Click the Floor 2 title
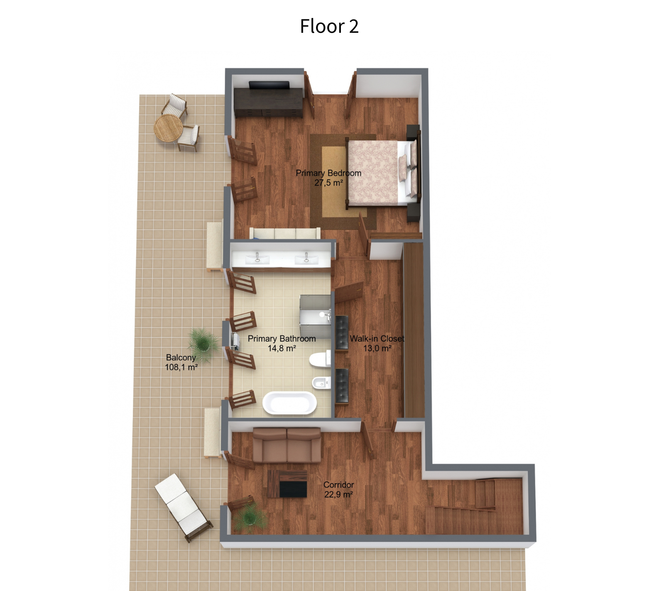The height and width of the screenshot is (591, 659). point(329,26)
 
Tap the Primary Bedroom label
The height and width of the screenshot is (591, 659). point(328,173)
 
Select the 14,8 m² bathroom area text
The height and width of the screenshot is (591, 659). point(282,348)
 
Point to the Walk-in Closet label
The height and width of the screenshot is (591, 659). point(377,339)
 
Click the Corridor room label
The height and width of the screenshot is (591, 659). point(339,485)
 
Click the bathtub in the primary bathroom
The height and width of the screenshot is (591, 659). point(290,403)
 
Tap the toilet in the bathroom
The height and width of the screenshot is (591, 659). point(320,359)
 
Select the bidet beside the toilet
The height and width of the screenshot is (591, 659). point(321,383)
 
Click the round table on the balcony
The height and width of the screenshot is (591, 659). point(168,128)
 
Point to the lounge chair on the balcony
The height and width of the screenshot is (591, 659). point(184,507)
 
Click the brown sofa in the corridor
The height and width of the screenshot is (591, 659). point(287,445)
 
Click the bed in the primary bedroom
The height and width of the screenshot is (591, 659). point(381,173)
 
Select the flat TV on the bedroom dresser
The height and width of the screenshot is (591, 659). point(269,85)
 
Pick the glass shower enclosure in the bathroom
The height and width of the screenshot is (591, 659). point(315,312)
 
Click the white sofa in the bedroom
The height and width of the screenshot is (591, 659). point(285,233)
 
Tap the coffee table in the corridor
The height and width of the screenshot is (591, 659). point(288,484)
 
